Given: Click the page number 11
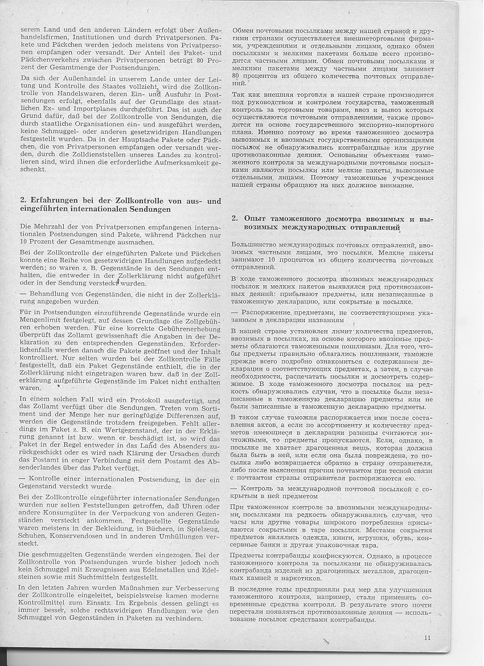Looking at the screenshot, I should pyautogui.click(x=427, y=638).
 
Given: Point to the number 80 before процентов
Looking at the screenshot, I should pyautogui.click(x=237, y=75).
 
